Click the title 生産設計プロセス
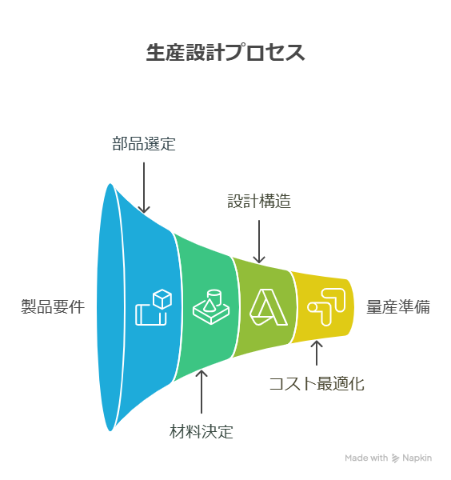pyautogui.click(x=225, y=52)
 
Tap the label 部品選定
pyautogui.click(x=144, y=143)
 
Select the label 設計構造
pyautogui.click(x=259, y=201)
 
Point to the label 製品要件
pyautogui.click(x=53, y=306)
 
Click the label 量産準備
pyautogui.click(x=398, y=306)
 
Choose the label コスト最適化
pyautogui.click(x=317, y=383)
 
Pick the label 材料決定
pyautogui.click(x=202, y=432)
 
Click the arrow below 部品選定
pyautogui.click(x=144, y=187)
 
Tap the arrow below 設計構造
pyautogui.click(x=259, y=242)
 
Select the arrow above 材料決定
pyautogui.click(x=202, y=392)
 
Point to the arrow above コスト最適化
pyautogui.click(x=317, y=353)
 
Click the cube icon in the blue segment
pyautogui.click(x=154, y=306)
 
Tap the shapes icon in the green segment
pyautogui.click(x=211, y=306)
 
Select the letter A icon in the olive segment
pyautogui.click(x=269, y=306)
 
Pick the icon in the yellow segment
pyautogui.click(x=326, y=306)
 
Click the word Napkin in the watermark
pyautogui.click(x=417, y=458)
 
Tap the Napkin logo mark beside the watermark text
pyautogui.click(x=395, y=458)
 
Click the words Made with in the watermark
pyautogui.click(x=366, y=458)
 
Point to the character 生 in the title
pyautogui.click(x=156, y=52)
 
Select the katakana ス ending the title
pyautogui.click(x=295, y=53)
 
